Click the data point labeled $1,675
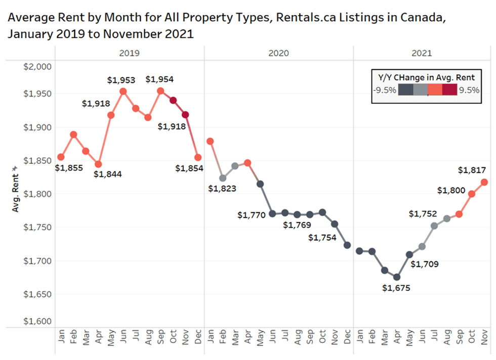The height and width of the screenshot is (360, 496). point(397,277)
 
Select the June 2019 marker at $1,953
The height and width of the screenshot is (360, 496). point(123,92)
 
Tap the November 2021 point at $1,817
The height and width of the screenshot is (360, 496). point(484,182)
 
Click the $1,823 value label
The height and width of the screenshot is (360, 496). point(222,189)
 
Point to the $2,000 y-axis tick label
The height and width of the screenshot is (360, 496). point(38,67)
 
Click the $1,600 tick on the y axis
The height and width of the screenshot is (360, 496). point(38,322)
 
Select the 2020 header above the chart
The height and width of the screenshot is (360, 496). point(279,53)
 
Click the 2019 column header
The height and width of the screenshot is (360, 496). point(130,53)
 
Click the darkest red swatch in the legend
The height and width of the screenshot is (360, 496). point(449,90)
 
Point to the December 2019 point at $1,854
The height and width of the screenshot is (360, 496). point(197,158)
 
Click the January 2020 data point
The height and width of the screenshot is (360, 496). point(210,141)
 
